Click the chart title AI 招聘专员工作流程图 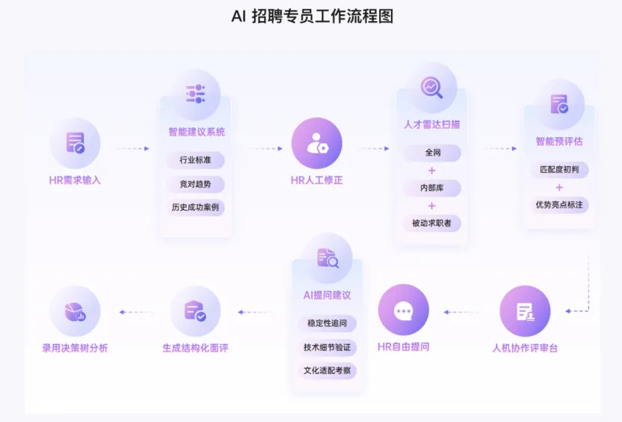[x=312, y=16]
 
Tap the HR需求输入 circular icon [x=75, y=143]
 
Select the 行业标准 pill [x=195, y=160]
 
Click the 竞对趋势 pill [x=195, y=184]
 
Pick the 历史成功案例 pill [x=195, y=207]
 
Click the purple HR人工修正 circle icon [x=316, y=143]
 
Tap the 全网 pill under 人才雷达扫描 [x=431, y=153]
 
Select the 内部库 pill [x=431, y=188]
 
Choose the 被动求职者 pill [x=431, y=223]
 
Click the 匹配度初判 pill [x=559, y=170]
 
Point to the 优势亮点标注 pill [x=559, y=204]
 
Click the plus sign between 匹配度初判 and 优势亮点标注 [x=559, y=187]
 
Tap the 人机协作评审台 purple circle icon [x=525, y=311]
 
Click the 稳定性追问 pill [x=327, y=324]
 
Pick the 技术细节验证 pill [x=327, y=347]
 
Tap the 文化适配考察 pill [x=327, y=370]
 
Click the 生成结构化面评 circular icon [x=195, y=311]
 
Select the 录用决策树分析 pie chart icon [x=75, y=311]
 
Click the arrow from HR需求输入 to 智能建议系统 [x=133, y=149]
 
